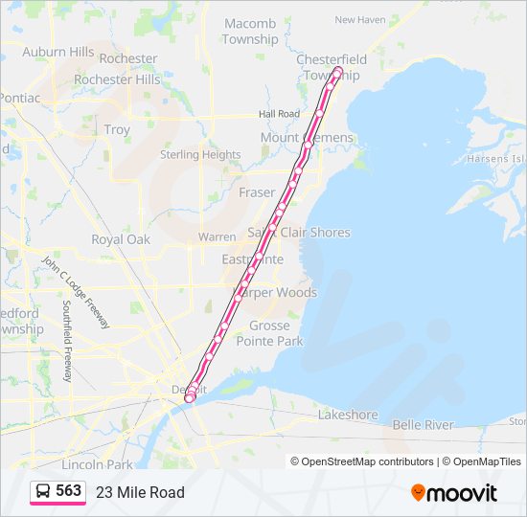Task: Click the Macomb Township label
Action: point(250,32)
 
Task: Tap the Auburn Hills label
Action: point(57,52)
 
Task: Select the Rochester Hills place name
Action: point(117,79)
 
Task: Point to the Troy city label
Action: point(117,129)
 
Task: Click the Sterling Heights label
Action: point(200,154)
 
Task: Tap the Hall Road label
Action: point(279,114)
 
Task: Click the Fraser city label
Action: point(257,192)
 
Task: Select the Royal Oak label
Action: point(121,239)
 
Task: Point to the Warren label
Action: point(217,236)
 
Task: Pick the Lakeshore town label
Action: point(348,416)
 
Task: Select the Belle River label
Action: point(423,424)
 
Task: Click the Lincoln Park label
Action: point(97,464)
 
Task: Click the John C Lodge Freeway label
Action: point(75,291)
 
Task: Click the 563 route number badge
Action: point(58,491)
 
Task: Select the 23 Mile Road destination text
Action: point(140,492)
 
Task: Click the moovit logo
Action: point(454,492)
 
